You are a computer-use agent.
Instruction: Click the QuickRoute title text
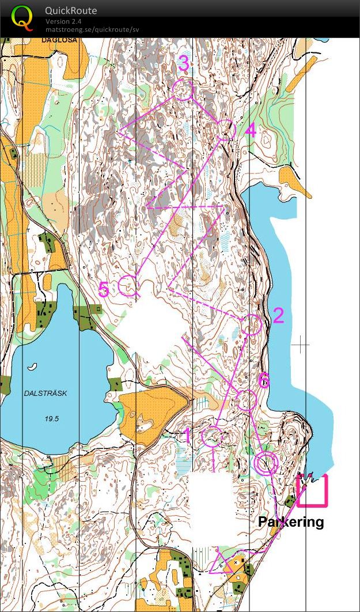[x=71, y=10]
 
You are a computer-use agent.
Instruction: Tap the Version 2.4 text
[x=63, y=21]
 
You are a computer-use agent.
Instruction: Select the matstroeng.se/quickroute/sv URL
[x=92, y=29]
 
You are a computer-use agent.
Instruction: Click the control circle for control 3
[x=183, y=90]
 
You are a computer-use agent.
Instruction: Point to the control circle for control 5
[x=127, y=285]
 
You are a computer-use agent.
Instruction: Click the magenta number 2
[x=278, y=315]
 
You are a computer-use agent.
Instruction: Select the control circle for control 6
[x=246, y=401]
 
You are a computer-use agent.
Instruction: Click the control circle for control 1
[x=211, y=438]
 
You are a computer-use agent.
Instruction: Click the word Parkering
[x=291, y=522]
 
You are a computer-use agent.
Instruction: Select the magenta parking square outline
[x=312, y=490]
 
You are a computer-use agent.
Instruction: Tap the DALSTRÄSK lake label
[x=46, y=393]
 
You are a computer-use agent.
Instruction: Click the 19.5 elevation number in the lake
[x=51, y=418]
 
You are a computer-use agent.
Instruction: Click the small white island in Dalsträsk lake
[x=33, y=365]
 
